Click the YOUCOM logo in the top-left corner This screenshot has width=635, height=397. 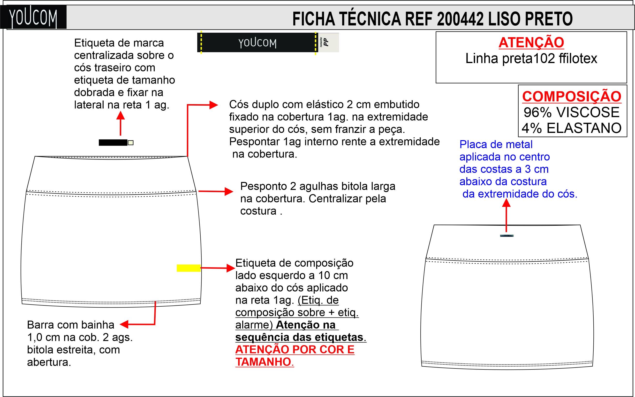pyautogui.click(x=33, y=17)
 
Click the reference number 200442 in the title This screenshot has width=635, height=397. pyautogui.click(x=460, y=19)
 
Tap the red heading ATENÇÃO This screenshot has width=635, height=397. pyautogui.click(x=531, y=43)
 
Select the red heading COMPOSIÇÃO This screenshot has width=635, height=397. pyautogui.click(x=572, y=96)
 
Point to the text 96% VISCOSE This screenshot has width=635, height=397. pyautogui.click(x=572, y=112)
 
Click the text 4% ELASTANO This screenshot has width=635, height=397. pyautogui.click(x=572, y=128)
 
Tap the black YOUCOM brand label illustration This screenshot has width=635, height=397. pyautogui.click(x=257, y=43)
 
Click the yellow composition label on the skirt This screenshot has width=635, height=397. pyautogui.click(x=188, y=268)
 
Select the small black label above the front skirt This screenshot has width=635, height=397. pyautogui.click(x=113, y=143)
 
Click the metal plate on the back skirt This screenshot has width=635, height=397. pyautogui.click(x=506, y=236)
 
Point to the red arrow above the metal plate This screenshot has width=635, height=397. pyautogui.click(x=506, y=215)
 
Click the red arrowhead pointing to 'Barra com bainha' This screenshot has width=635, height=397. pyautogui.click(x=124, y=324)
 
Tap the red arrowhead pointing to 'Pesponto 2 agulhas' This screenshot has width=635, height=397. pyautogui.click(x=229, y=191)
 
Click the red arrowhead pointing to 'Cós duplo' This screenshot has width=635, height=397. pyautogui.click(x=213, y=105)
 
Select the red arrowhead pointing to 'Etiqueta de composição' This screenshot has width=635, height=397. pyautogui.click(x=231, y=268)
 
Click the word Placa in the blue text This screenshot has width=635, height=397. pyautogui.click(x=470, y=144)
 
